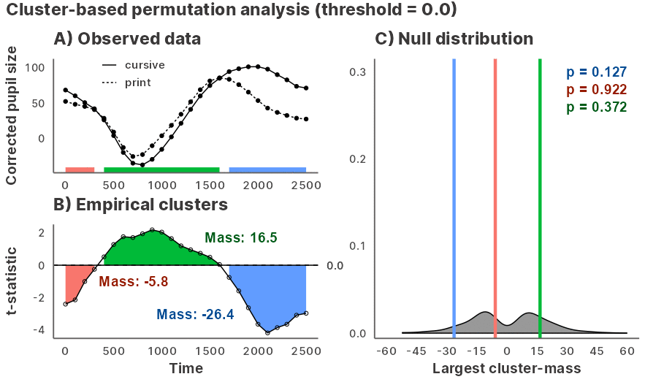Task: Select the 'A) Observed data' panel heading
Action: pyautogui.click(x=127, y=38)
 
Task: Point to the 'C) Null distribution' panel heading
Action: pyautogui.click(x=454, y=38)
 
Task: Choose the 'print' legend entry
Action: pyautogui.click(x=138, y=83)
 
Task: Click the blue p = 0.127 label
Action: pyautogui.click(x=597, y=72)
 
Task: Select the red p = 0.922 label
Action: pyautogui.click(x=597, y=90)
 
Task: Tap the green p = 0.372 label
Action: pyautogui.click(x=597, y=107)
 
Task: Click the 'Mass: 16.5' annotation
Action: pyautogui.click(x=240, y=238)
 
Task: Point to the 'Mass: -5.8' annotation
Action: pyautogui.click(x=134, y=282)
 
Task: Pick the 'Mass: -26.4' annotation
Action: pyautogui.click(x=194, y=315)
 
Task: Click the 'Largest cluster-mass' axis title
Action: pyautogui.click(x=507, y=369)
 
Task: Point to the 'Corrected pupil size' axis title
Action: pyautogui.click(x=12, y=115)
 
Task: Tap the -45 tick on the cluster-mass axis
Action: pyautogui.click(x=415, y=351)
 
